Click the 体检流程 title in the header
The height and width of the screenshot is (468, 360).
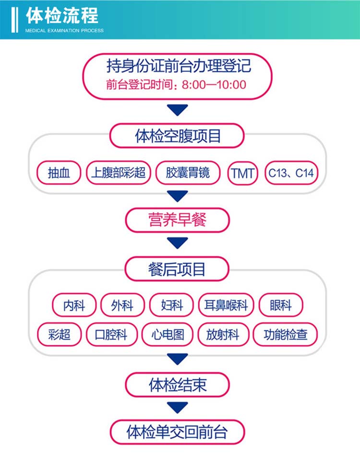[62, 16]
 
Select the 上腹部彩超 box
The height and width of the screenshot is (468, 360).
[119, 173]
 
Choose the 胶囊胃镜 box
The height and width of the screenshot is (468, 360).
[188, 173]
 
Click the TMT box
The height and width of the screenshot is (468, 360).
[242, 173]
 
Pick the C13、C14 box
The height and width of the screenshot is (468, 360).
[291, 173]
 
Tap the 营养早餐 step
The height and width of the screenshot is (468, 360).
[178, 221]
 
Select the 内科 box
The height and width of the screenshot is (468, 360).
[74, 305]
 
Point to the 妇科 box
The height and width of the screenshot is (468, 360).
[172, 305]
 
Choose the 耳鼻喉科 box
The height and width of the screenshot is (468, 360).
[226, 305]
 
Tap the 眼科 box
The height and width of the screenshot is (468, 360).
[281, 305]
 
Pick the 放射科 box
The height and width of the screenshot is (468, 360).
[223, 335]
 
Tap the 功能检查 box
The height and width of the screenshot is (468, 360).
[285, 335]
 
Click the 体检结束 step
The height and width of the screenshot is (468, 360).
[178, 385]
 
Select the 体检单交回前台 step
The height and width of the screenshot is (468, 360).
[177, 432]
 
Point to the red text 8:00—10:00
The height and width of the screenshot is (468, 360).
[214, 85]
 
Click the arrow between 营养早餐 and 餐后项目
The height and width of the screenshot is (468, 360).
[178, 243]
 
